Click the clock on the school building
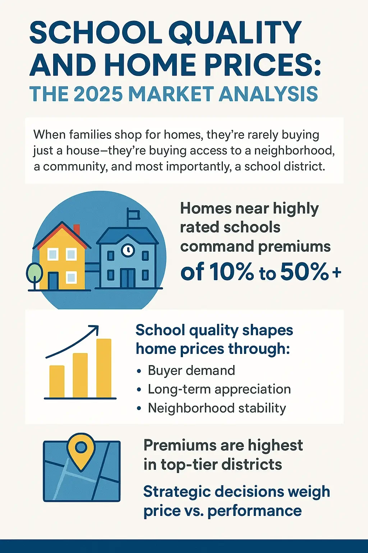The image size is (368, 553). coord(128,249)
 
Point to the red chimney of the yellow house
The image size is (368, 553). coord(77,229)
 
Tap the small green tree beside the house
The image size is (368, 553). coord(34,273)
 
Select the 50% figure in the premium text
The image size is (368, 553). coord(304,272)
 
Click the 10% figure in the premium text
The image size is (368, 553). coord(231,272)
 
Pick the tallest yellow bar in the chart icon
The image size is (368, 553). coord(104,368)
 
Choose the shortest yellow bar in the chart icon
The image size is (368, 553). coord(57,381)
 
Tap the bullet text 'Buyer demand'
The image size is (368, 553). coord(191,370)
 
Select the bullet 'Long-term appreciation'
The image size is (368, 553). coord(219,389)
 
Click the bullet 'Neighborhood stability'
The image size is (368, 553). coord(217,408)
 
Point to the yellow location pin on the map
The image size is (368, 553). coord(82,449)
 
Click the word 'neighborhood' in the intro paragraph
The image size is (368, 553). coord(294,150)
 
